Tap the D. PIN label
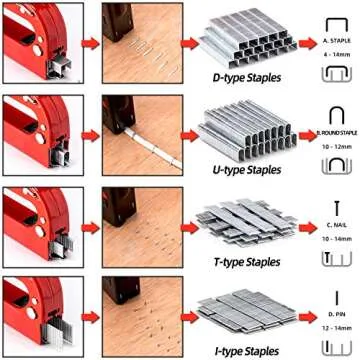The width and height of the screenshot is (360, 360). pyautogui.click(x=333, y=316)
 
